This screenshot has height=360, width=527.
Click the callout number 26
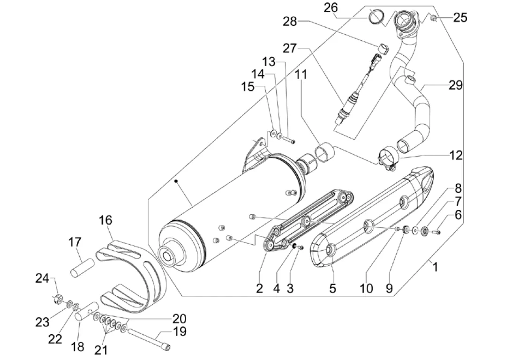click(x=331, y=7)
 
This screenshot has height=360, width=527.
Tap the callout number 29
click(x=456, y=85)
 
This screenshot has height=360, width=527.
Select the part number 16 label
click(x=105, y=220)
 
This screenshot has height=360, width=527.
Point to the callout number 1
click(x=435, y=267)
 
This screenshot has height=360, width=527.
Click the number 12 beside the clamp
click(x=456, y=155)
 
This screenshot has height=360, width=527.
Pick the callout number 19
click(x=180, y=331)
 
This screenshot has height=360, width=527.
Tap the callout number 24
click(x=42, y=278)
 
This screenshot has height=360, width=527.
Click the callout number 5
click(x=333, y=288)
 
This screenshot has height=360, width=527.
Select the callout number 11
click(x=301, y=74)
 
